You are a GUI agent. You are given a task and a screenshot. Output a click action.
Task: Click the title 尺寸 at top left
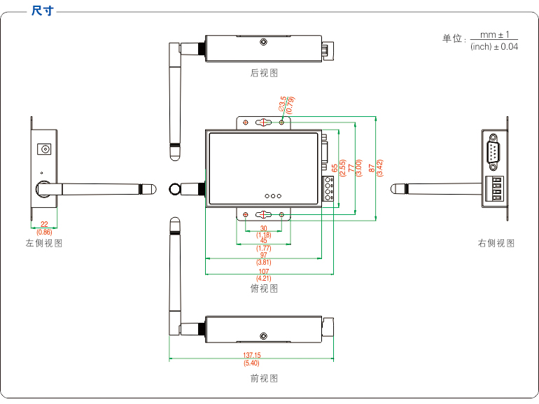pyautogui.click(x=42, y=12)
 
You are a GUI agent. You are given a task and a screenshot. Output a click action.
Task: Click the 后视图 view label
pyautogui.click(x=264, y=73)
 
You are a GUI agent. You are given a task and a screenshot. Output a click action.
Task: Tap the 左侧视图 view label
pyautogui.click(x=44, y=243)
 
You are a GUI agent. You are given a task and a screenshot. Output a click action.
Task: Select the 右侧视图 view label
pyautogui.click(x=496, y=243)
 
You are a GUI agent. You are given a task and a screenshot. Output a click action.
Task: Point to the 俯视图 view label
pyautogui.click(x=264, y=288)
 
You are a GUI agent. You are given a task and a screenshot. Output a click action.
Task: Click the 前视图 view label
pyautogui.click(x=264, y=378)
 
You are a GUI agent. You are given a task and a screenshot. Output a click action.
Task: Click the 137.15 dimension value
pyautogui.click(x=251, y=356)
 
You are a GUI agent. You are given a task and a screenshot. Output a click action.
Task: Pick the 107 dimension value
pyautogui.click(x=263, y=271)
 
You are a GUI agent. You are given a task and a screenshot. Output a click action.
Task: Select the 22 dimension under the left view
pyautogui.click(x=44, y=224)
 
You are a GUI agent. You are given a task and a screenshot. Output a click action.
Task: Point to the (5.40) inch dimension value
pyautogui.click(x=251, y=363)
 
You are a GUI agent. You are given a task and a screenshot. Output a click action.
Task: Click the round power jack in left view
pyautogui.click(x=46, y=149)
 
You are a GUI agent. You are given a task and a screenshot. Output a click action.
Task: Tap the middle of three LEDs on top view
pyautogui.click(x=272, y=197)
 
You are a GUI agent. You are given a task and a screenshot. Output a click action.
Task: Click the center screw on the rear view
pyautogui.click(x=263, y=42)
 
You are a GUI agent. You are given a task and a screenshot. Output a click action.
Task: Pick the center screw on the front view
pyautogui.click(x=263, y=337)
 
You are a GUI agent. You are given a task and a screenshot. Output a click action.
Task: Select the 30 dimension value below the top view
pyautogui.click(x=263, y=228)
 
